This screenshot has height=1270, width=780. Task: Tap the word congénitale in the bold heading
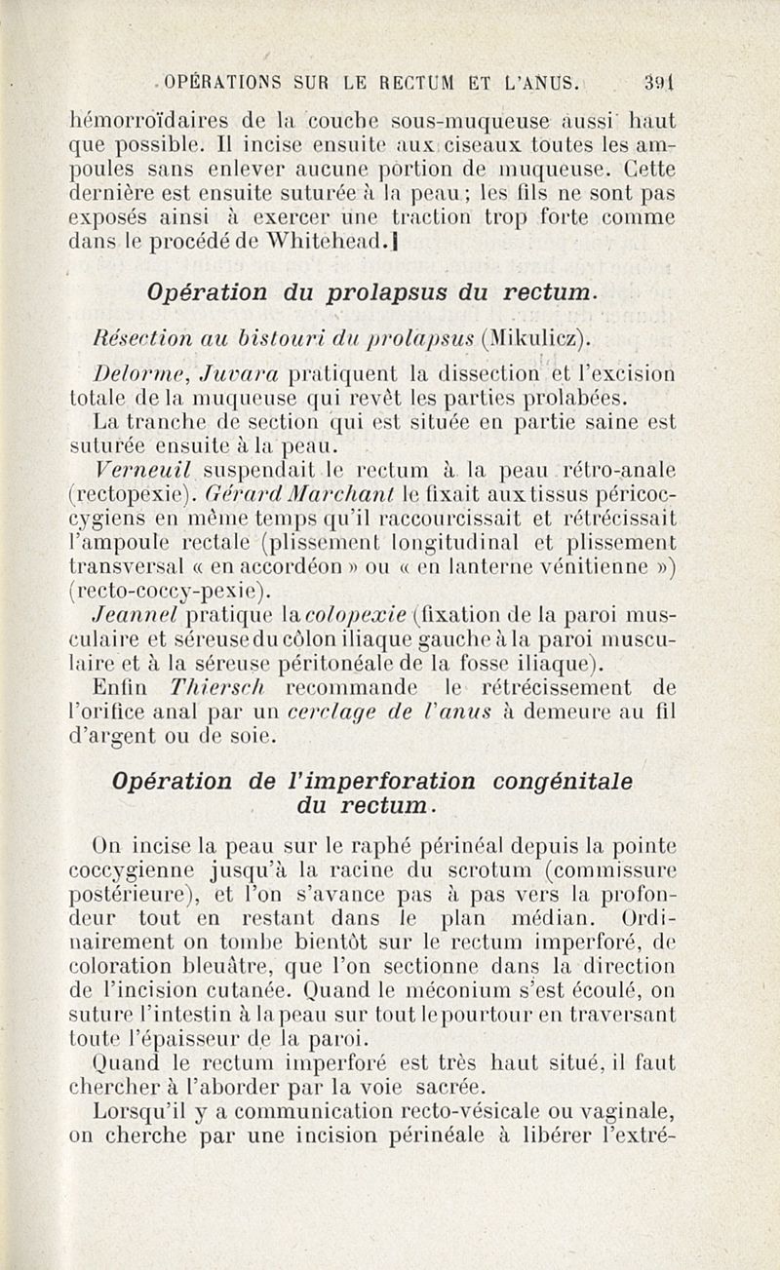click(x=548, y=781)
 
